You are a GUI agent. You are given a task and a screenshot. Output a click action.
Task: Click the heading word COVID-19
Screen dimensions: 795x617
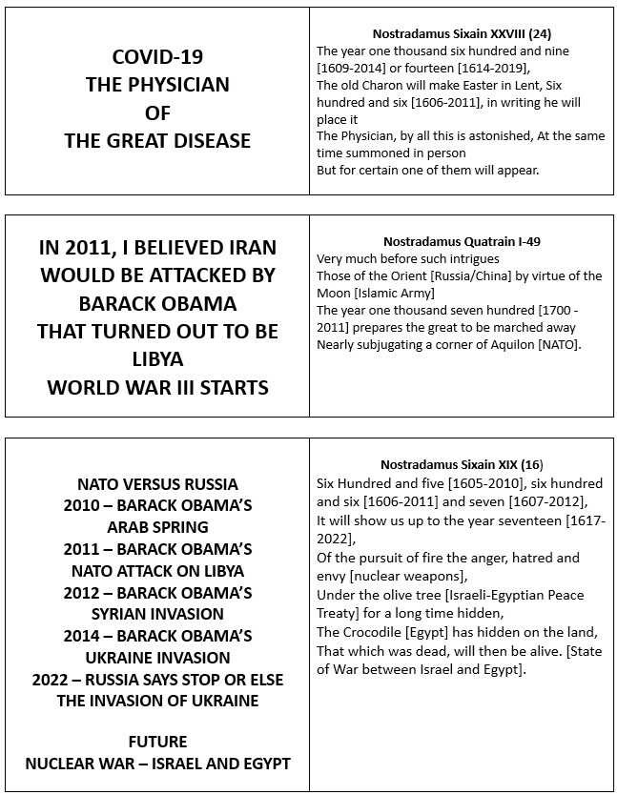[x=157, y=56]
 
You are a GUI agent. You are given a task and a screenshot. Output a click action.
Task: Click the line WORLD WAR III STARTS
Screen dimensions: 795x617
[x=157, y=387]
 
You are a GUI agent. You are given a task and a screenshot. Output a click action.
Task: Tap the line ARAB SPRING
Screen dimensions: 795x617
[x=157, y=527]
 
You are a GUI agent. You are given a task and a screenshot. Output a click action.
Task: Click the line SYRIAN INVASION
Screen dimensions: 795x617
[x=157, y=615]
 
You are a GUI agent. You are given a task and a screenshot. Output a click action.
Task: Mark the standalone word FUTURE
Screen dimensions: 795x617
[x=157, y=742]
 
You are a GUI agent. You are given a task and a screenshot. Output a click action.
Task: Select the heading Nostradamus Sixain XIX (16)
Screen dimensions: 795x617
[x=462, y=464]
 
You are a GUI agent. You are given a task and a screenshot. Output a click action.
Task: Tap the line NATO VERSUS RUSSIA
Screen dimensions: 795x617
[x=157, y=484]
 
